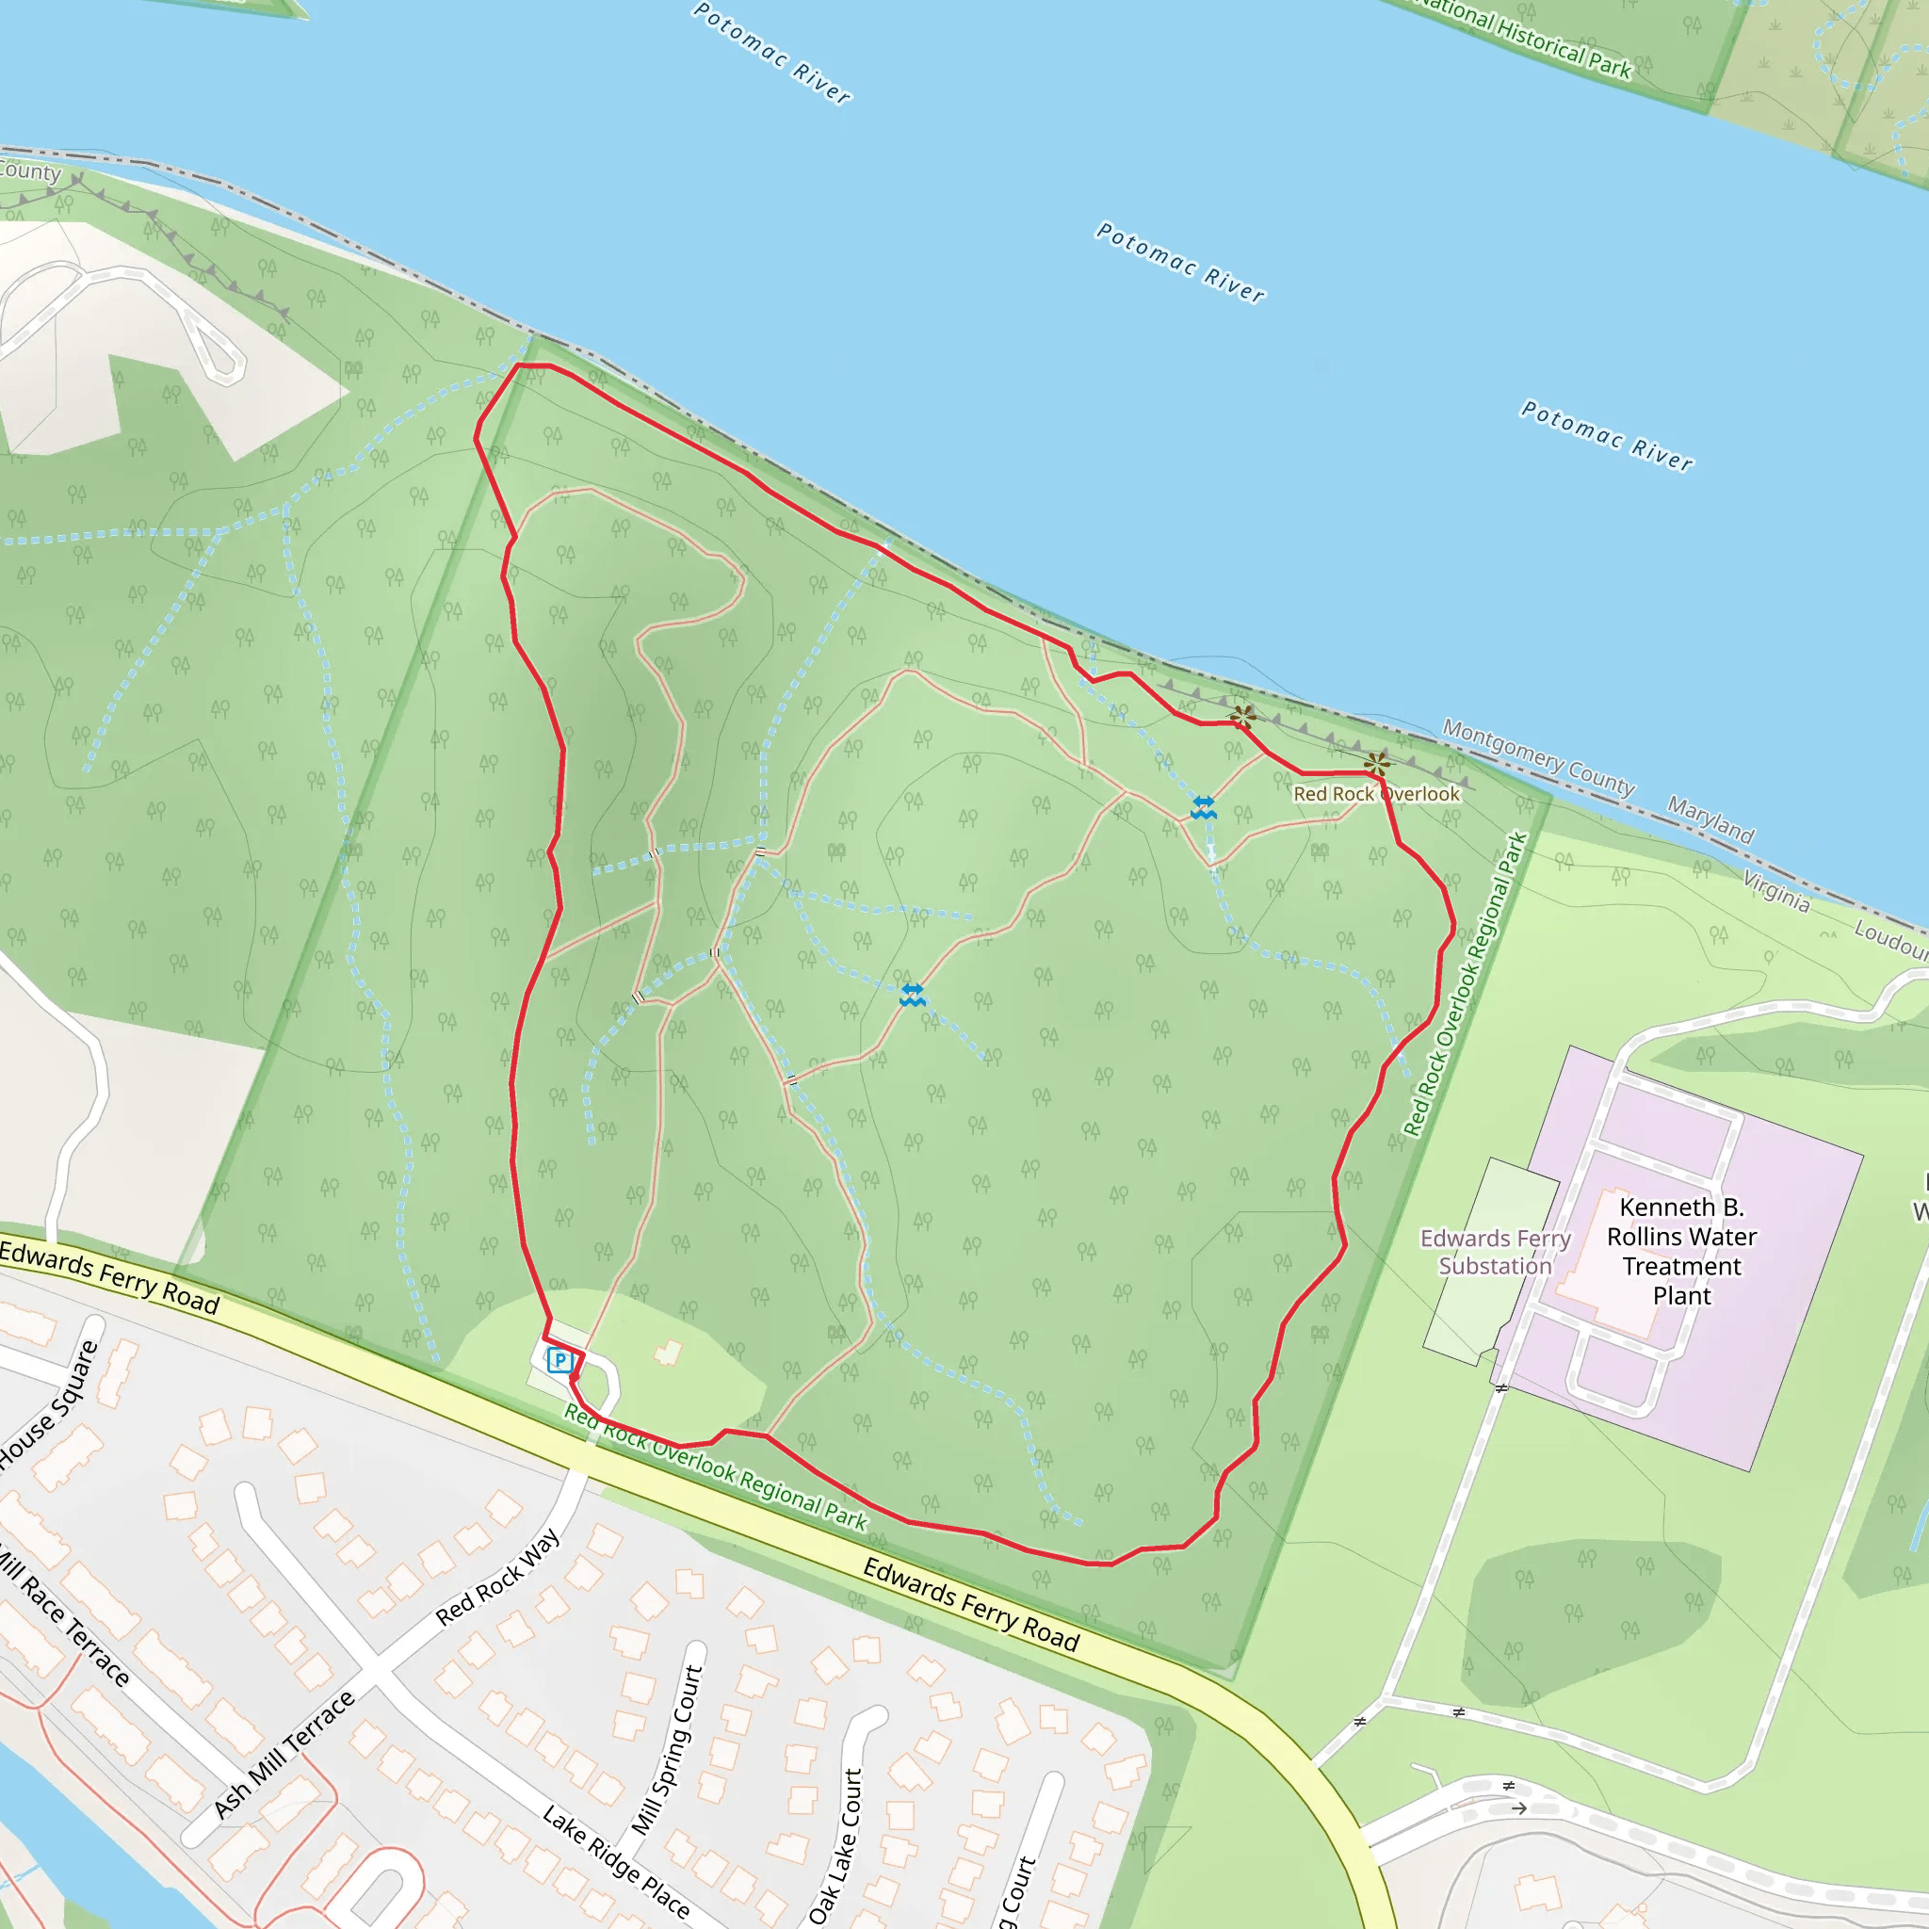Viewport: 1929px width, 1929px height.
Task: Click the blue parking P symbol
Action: coord(559,1360)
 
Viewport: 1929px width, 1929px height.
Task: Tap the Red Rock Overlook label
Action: coord(1376,794)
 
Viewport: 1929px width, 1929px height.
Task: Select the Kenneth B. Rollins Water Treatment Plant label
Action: coord(1681,1251)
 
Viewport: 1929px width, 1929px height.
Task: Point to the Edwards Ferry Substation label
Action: coord(1495,1252)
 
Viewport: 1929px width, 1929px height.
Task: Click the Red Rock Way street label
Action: coord(497,1578)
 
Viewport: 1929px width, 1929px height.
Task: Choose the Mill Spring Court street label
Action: coord(668,1750)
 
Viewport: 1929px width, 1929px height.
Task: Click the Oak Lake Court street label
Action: coord(835,1846)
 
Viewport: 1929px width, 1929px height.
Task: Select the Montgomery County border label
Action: coord(1537,759)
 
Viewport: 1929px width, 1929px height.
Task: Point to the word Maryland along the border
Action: coord(1710,819)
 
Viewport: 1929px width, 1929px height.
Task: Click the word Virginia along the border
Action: coord(1776,892)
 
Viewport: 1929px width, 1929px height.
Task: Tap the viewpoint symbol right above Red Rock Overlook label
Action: coord(1376,765)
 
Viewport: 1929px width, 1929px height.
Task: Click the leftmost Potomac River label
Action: coord(771,53)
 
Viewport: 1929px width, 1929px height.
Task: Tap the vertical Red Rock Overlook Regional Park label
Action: coord(1465,984)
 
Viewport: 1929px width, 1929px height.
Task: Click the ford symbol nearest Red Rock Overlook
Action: coord(1203,807)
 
